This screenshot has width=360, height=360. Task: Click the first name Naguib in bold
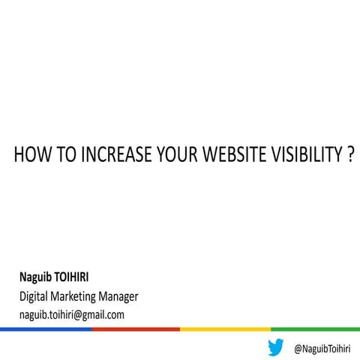tap(37, 277)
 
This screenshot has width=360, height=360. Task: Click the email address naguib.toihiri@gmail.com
tap(71, 314)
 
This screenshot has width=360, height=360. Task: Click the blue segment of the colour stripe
tap(45, 328)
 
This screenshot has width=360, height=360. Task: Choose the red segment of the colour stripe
tap(136, 328)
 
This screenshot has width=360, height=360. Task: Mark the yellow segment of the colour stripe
tap(225, 328)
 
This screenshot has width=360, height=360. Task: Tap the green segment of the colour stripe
tap(315, 328)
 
